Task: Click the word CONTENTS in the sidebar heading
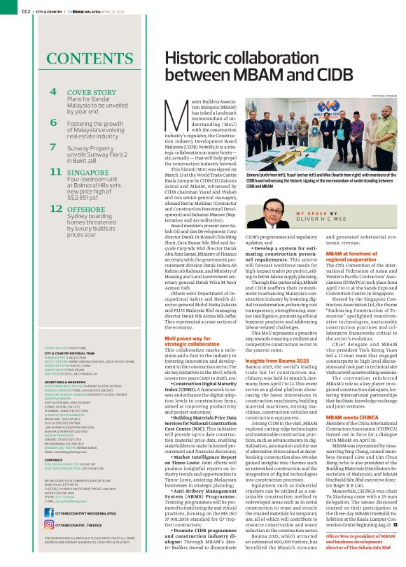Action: point(71,58)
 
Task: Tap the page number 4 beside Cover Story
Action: point(53,92)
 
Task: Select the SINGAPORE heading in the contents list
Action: point(91,171)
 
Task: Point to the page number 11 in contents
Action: point(52,172)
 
